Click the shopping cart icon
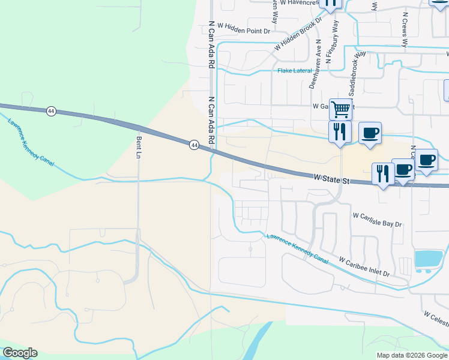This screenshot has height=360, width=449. point(340,109)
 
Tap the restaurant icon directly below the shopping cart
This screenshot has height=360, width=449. point(340,131)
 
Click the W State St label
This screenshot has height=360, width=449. point(332,179)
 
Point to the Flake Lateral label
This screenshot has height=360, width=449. point(295,71)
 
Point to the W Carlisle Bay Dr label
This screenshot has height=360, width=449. point(377,219)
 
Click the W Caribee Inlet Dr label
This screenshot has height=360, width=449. point(364,268)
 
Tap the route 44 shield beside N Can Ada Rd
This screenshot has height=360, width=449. point(194,145)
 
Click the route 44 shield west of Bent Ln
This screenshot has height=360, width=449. point(51,111)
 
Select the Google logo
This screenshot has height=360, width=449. point(20,353)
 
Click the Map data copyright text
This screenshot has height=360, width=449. point(411,355)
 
